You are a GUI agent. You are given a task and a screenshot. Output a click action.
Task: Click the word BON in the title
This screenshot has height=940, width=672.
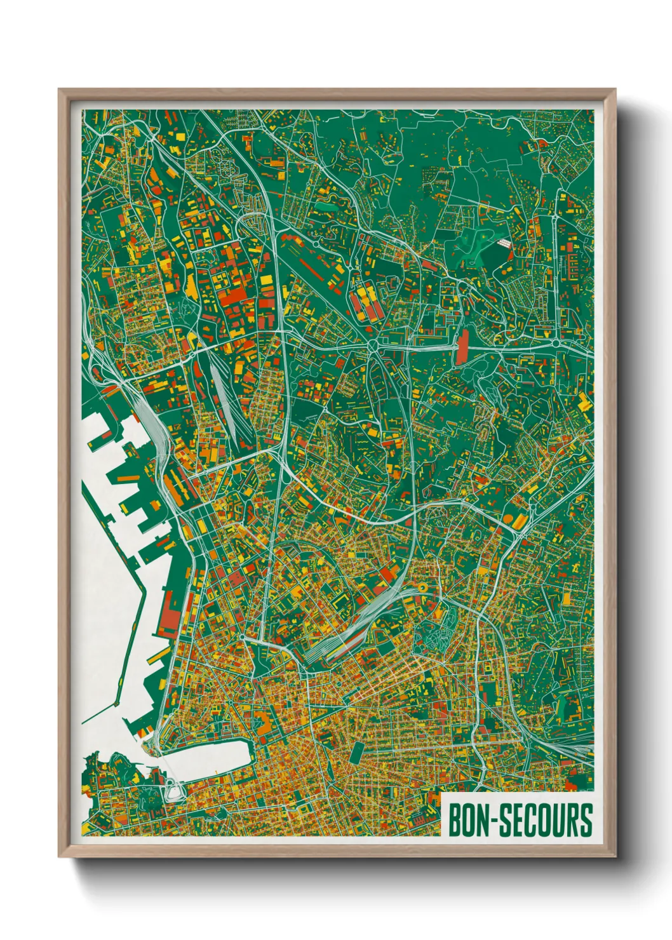coord(469,820)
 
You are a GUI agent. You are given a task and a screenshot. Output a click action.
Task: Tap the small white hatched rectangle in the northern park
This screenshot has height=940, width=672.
coord(503,243)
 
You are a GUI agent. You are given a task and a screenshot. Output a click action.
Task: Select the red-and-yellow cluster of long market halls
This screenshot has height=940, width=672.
coord(366,302)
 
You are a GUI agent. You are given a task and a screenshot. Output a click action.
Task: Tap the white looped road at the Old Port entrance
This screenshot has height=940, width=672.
coord(171,790)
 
